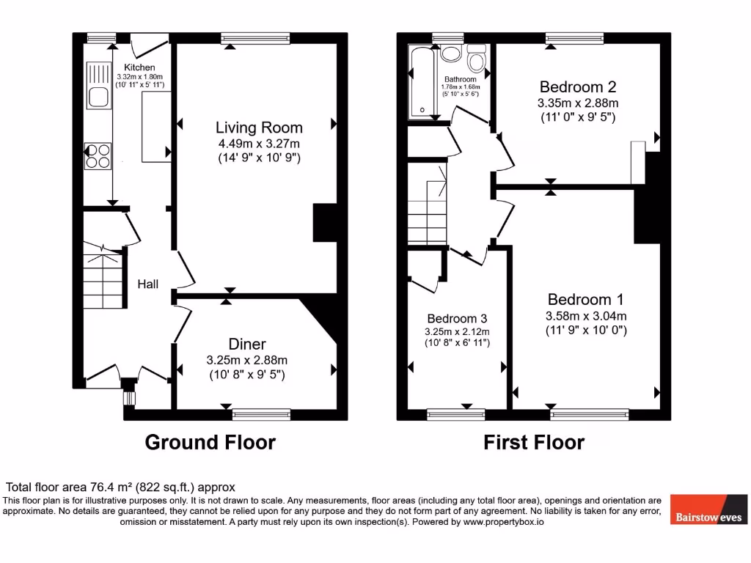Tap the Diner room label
(247, 345)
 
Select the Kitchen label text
(139, 67)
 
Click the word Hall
(148, 284)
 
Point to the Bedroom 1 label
(585, 300)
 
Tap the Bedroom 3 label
(457, 319)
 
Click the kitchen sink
(97, 85)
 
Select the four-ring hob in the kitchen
(98, 156)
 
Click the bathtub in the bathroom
(422, 81)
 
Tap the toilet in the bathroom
(477, 59)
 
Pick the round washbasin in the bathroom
(450, 54)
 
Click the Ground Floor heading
(210, 443)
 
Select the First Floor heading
(534, 443)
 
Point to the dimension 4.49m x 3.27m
(259, 144)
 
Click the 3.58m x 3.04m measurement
(585, 316)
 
